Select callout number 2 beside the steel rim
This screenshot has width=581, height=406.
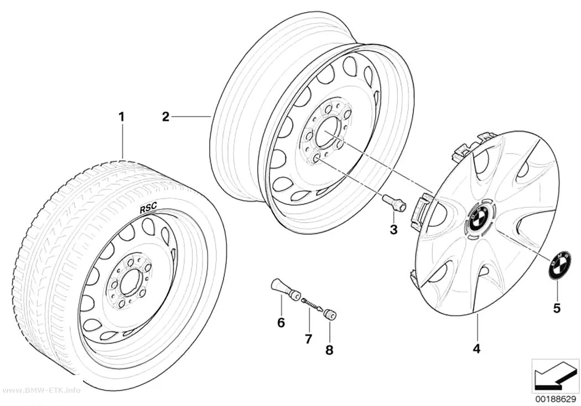click(x=165, y=117)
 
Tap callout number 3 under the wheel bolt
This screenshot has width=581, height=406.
click(x=393, y=230)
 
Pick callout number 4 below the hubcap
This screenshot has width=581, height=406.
click(x=476, y=349)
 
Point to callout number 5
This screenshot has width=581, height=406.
click(x=557, y=308)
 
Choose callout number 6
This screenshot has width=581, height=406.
click(x=281, y=323)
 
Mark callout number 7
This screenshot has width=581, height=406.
click(x=309, y=339)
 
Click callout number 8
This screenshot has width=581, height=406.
click(x=329, y=350)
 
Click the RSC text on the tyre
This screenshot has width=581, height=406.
click(x=148, y=209)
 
